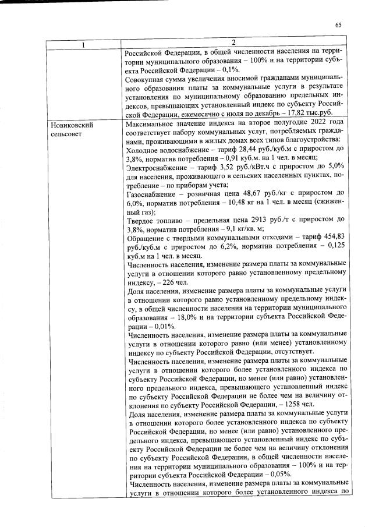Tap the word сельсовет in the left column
(x=66, y=134)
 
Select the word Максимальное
(x=153, y=125)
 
